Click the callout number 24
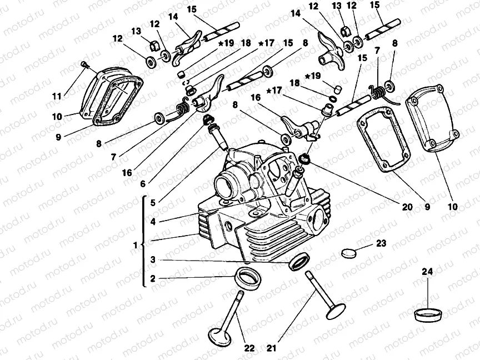427,272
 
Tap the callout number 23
380,243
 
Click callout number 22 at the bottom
249,348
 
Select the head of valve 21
336,310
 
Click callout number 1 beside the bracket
135,244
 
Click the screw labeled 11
83,66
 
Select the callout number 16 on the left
127,173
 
